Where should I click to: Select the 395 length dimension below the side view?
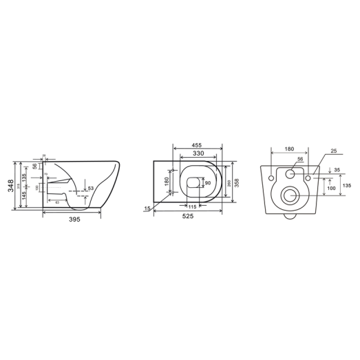[74, 220]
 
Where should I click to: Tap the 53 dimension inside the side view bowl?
[89, 188]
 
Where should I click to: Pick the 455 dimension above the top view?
[196, 146]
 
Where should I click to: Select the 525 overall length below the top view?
[187, 215]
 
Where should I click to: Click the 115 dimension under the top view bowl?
[193, 207]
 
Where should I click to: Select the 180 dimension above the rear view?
[289, 148]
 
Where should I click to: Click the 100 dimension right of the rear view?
[331, 187]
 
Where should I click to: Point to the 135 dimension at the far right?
[346, 185]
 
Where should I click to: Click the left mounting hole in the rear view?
[271, 178]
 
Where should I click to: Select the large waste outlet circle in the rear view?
[290, 196]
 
